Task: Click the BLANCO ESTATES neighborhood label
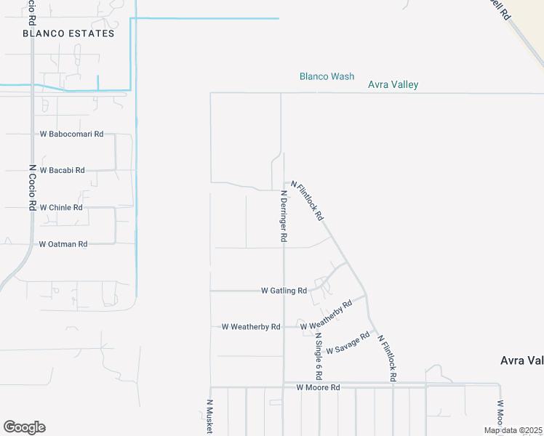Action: pos(68,33)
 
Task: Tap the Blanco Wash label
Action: pos(327,76)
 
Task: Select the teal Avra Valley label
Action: pos(393,85)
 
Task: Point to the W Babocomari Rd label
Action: pos(72,134)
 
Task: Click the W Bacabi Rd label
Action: pos(62,170)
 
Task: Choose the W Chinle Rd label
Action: pos(61,207)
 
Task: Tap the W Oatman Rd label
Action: pos(63,244)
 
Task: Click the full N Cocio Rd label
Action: pos(32,187)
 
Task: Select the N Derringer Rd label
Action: pos(284,216)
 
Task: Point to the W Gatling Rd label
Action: pos(284,291)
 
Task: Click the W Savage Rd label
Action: pos(348,344)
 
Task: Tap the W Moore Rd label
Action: pos(318,388)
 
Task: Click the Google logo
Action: pos(24,427)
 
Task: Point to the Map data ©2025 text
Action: pos(512,430)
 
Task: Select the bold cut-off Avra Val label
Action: pos(521,360)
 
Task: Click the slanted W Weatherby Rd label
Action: pos(326,315)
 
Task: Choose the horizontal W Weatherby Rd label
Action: pos(251,327)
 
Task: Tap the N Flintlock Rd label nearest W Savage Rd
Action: pos(386,360)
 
